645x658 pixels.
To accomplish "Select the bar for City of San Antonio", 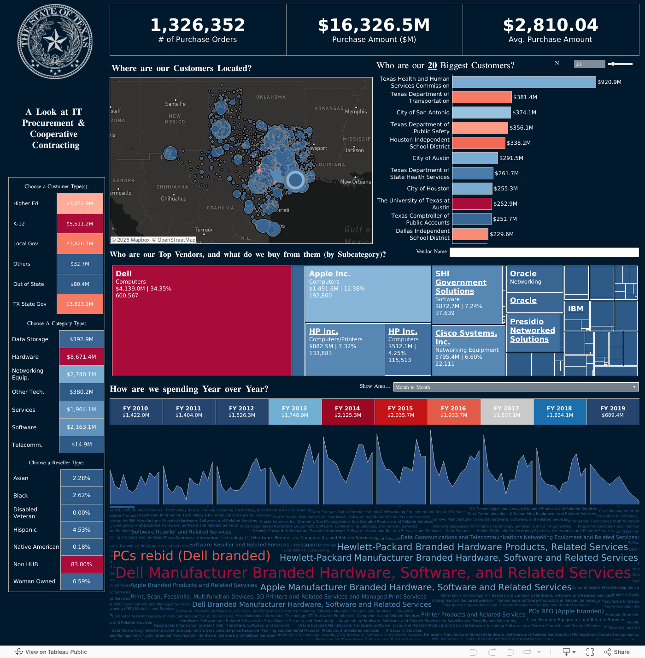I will coord(481,113).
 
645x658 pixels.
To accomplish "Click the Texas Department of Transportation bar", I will coord(482,97).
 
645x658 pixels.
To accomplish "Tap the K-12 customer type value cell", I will coord(80,224).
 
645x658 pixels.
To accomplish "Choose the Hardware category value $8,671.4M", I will coord(82,357).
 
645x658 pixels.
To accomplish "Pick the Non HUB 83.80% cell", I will coord(82,564).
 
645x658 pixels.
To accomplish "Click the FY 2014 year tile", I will coord(348,411).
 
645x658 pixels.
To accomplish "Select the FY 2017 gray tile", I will coord(507,411).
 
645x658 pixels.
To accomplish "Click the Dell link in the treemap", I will coord(123,274).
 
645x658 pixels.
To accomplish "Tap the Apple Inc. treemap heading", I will coord(329,274).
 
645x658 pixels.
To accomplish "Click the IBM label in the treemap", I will coord(575,309).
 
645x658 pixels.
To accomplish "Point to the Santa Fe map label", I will coord(175,104).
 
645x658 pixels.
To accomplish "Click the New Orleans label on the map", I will coord(355,182).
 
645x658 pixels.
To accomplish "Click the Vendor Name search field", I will coord(544,252).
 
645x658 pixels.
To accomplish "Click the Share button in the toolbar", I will coord(617,652).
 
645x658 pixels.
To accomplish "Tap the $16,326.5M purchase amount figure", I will coord(374,25).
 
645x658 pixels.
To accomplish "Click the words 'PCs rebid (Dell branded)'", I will coord(192,556).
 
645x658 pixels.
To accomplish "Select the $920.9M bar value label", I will coord(610,82).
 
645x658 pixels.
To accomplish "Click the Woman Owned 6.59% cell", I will coord(82,581).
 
